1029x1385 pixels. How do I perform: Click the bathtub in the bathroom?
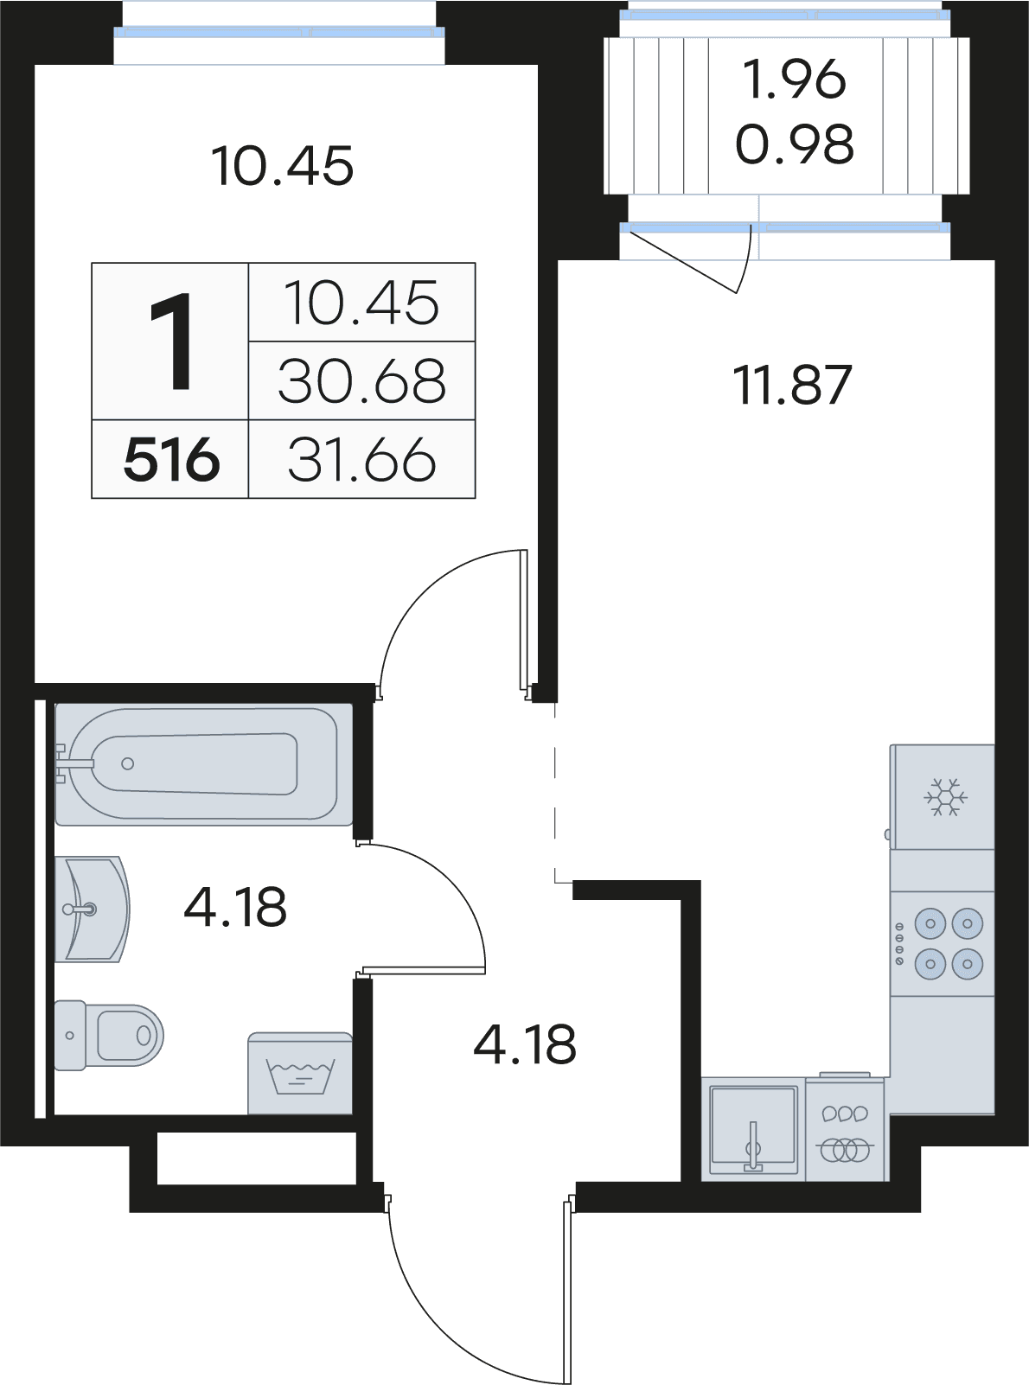pos(204,763)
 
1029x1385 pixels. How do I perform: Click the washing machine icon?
pos(300,1075)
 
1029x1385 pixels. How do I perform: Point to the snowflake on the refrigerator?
pos(946,797)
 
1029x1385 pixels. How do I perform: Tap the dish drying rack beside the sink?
pos(845,1132)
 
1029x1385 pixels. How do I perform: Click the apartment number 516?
pos(171,460)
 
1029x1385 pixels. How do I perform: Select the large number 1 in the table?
pos(171,342)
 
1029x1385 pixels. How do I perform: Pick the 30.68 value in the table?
pos(361,381)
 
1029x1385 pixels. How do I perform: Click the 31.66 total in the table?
pos(361,460)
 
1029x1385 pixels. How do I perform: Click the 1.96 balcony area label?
pos(794,80)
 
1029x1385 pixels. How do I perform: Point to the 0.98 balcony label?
pos(794,144)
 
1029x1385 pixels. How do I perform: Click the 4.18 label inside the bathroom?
pos(235,908)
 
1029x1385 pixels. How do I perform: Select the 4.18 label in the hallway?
pos(525,1044)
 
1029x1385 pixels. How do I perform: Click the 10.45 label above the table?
pos(282,166)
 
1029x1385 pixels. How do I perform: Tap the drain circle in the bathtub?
pos(128,763)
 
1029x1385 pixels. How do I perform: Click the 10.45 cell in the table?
pos(361,303)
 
